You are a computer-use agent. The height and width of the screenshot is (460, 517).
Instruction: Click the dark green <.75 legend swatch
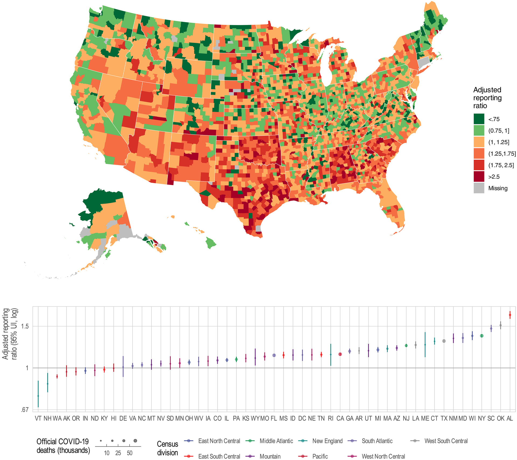[479, 119]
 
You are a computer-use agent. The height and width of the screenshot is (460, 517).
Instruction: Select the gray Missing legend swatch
[479, 188]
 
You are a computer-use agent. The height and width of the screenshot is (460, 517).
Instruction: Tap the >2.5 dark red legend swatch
[479, 177]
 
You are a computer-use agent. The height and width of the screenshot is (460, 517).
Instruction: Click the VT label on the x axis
[38, 418]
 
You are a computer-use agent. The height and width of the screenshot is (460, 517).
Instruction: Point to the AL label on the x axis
[510, 418]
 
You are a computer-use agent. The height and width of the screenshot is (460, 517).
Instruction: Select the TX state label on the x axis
[444, 418]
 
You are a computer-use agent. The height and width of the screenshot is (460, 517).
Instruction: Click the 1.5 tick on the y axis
[25, 327]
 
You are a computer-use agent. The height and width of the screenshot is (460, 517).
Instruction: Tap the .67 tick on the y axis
[25, 410]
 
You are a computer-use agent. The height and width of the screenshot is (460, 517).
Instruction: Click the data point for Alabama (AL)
[510, 315]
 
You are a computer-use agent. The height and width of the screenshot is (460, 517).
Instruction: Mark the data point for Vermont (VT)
[38, 396]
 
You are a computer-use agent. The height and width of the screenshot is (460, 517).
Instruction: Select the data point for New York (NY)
[482, 336]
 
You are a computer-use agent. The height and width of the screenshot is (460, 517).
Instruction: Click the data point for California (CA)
[340, 354]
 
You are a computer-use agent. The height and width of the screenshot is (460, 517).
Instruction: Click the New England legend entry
[327, 441]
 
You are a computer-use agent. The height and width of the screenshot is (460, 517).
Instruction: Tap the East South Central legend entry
[219, 456]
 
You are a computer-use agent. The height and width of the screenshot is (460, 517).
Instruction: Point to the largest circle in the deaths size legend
[135, 441]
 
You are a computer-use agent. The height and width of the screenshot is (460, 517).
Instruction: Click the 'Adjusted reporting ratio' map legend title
[487, 98]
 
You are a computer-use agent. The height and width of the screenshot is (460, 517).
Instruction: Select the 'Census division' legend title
[167, 448]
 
